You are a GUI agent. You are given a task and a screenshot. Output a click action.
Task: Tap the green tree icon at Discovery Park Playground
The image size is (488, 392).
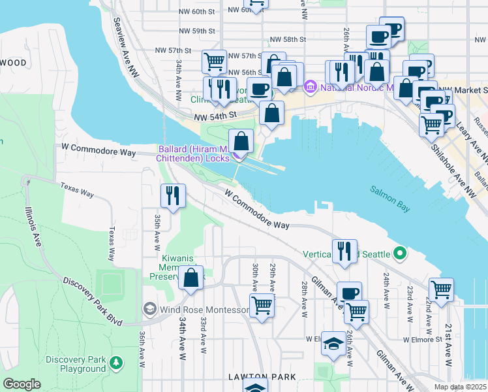pos(116,361)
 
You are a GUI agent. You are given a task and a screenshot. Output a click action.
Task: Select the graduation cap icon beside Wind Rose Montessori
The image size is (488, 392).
pos(149,309)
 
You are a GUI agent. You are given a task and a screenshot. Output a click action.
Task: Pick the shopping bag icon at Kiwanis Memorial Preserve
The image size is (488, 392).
pos(191,278)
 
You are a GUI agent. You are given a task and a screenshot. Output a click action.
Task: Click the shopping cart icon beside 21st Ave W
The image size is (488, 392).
pos(442,289)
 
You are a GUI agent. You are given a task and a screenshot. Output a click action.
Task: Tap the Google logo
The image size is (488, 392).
pos(22,384)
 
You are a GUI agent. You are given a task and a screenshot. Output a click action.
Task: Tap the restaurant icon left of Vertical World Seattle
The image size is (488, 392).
pos(344,251)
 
